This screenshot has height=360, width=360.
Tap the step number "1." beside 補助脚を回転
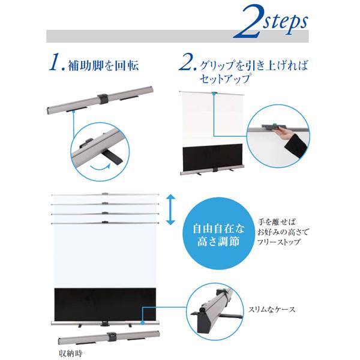pyautogui.click(x=57, y=62)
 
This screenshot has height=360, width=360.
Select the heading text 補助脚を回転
pyautogui.click(x=103, y=65)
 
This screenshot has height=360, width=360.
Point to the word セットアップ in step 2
pyautogui.click(x=225, y=79)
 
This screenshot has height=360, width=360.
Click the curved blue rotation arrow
pyautogui.click(x=100, y=167)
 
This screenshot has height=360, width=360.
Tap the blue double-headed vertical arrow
pyautogui.click(x=170, y=209)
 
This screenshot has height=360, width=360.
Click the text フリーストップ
pyautogui.click(x=279, y=242)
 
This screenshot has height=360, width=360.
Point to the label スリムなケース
pyautogui.click(x=272, y=310)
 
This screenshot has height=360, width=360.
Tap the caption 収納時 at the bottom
pyautogui.click(x=70, y=353)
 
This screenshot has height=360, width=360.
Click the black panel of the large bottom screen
pyautogui.click(x=105, y=304)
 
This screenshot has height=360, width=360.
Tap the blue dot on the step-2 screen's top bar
pyautogui.click(x=214, y=94)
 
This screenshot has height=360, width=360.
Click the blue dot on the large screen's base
pyautogui.click(x=143, y=323)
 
